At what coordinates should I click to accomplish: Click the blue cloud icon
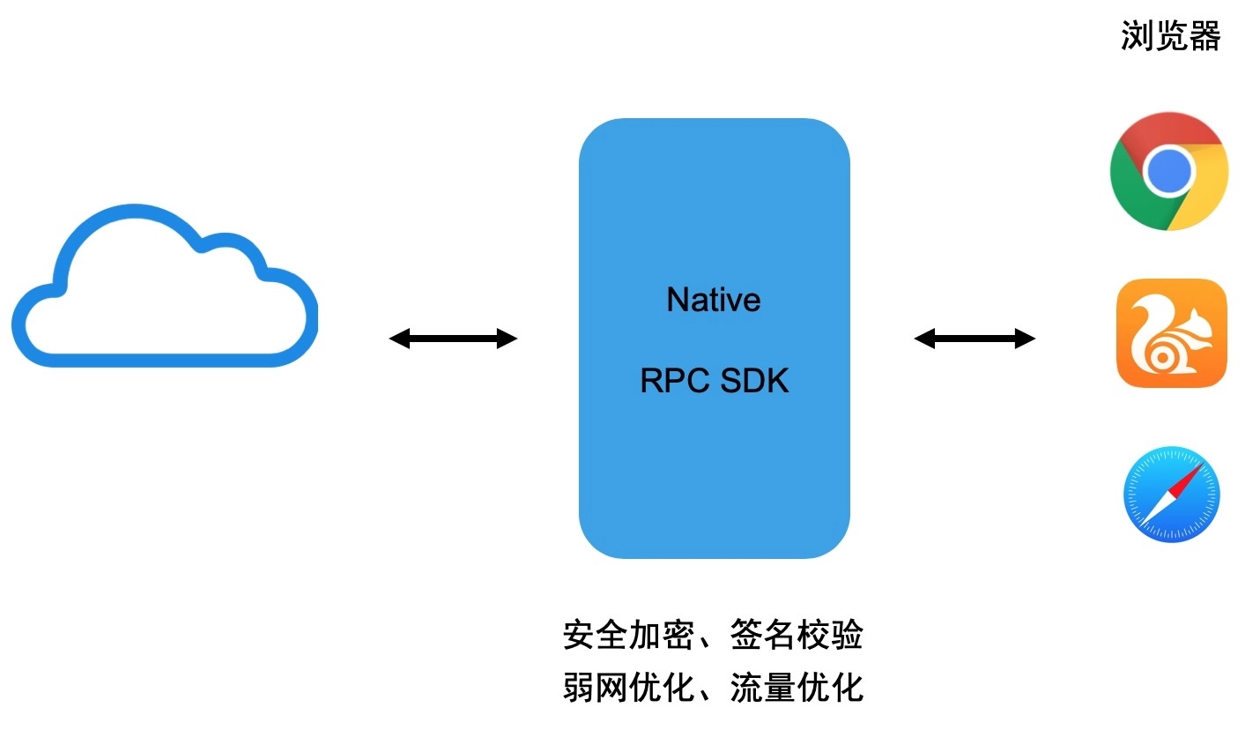point(165,286)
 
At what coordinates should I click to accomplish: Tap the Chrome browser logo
point(1169,171)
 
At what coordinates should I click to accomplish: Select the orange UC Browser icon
point(1172,333)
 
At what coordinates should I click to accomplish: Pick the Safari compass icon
point(1172,495)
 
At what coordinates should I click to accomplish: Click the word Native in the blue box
point(713,300)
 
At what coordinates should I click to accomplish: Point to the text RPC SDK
point(715,381)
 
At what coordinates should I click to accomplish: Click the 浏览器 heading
point(1170,36)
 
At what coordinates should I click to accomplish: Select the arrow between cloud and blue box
point(454,339)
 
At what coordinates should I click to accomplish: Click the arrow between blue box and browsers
point(975,339)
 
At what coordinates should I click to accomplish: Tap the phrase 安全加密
point(628,635)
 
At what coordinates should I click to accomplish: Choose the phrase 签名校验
point(797,635)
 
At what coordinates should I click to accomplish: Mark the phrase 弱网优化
point(628,687)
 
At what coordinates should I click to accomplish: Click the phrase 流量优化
point(797,687)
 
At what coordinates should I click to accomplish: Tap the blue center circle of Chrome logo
point(1169,171)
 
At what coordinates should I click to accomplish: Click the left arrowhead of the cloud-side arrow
point(399,339)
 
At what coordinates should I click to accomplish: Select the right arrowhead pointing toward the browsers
point(1026,339)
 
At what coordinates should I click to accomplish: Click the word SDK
point(754,381)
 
